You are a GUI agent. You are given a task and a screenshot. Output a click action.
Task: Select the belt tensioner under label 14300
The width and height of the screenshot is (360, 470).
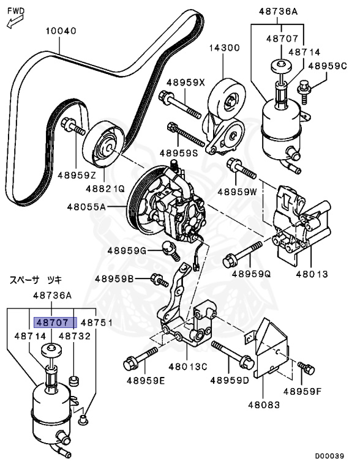[226, 119]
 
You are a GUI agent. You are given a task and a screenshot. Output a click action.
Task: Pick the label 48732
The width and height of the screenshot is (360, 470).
[73, 336]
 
